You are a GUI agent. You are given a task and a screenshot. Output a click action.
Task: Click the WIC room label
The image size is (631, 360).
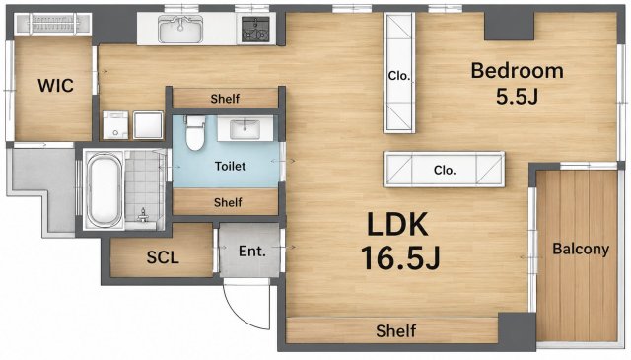(x=55, y=86)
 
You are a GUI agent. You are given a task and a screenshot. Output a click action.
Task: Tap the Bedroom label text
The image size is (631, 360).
(x=517, y=70)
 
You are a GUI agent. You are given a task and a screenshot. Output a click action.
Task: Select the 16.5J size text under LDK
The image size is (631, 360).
(x=400, y=257)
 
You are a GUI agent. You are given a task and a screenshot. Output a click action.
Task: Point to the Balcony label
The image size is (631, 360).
(x=581, y=249)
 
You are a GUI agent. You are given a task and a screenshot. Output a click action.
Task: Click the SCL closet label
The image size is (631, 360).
(x=163, y=257)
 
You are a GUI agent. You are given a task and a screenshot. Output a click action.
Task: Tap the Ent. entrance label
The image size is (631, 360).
(x=252, y=252)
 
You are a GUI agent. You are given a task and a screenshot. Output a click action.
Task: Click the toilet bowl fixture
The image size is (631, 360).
(x=195, y=133)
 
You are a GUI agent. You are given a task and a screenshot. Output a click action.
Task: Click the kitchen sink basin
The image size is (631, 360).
(x=180, y=29)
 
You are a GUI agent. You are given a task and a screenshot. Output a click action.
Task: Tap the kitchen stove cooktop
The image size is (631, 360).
(x=255, y=30)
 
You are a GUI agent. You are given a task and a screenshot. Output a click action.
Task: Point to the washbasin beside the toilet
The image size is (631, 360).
(x=245, y=129)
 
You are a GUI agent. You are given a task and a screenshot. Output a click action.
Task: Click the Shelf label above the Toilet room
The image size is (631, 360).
(x=225, y=99)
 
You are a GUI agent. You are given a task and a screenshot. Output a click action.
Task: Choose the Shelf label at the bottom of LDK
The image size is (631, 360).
(x=396, y=331)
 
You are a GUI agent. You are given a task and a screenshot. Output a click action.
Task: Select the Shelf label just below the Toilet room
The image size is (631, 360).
(x=228, y=202)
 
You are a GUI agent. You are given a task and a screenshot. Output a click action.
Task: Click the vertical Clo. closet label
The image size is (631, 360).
(x=398, y=76)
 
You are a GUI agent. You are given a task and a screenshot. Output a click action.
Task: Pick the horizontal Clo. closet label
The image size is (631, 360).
(x=445, y=170)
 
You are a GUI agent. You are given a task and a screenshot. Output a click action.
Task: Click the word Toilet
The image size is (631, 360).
(x=230, y=166)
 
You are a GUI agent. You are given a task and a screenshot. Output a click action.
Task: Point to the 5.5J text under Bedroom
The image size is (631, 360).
(x=517, y=97)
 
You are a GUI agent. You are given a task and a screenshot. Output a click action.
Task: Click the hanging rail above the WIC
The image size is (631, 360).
(x=52, y=24)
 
